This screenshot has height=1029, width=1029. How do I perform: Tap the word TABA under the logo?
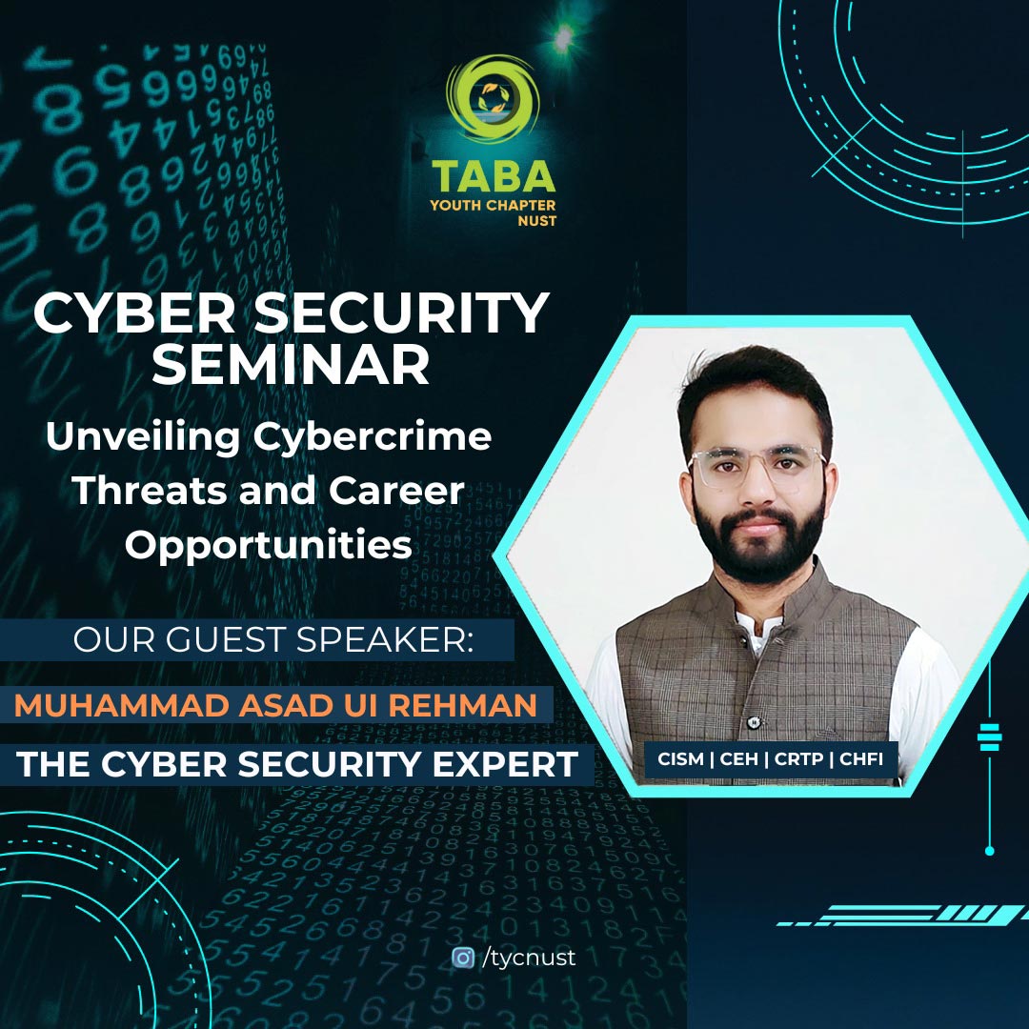tap(494, 177)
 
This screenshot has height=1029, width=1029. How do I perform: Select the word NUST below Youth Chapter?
tap(536, 221)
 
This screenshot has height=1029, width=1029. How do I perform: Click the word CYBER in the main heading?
tap(134, 313)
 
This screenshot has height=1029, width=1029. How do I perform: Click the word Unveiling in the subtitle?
tap(143, 438)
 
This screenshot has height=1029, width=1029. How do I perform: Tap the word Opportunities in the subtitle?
tap(269, 546)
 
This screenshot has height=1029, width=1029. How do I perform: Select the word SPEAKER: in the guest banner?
tap(385, 639)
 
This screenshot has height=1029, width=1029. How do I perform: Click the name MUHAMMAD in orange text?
tap(121, 705)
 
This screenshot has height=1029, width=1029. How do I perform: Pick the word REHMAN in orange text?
tap(463, 705)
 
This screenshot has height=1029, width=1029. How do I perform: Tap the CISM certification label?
tap(680, 759)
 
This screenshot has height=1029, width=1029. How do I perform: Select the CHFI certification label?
tap(861, 759)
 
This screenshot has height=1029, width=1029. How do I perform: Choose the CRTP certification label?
tap(798, 759)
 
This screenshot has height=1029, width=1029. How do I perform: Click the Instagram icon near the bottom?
tap(463, 958)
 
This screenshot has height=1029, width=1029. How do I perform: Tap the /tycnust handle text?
tap(528, 958)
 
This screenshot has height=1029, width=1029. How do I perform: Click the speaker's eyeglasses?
tap(757, 468)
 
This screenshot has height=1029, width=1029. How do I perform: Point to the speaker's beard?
tap(759, 541)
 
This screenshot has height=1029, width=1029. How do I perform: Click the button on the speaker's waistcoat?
tap(756, 722)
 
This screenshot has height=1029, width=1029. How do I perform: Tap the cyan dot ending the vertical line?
tap(990, 851)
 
